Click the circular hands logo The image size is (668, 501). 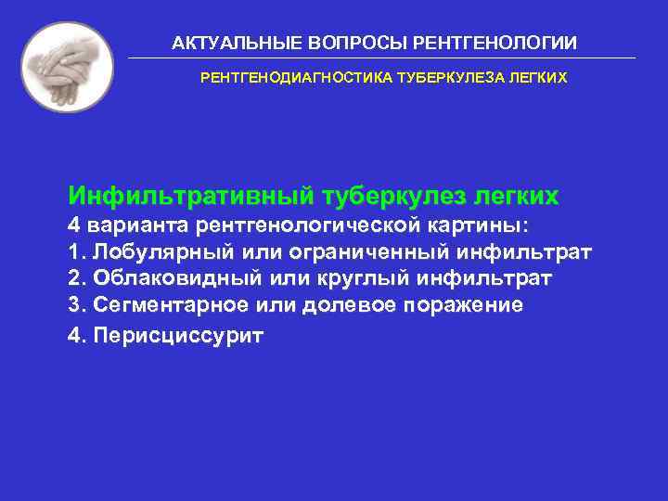(x=67, y=67)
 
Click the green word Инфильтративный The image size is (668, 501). (x=190, y=197)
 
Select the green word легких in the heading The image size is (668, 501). (x=516, y=197)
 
